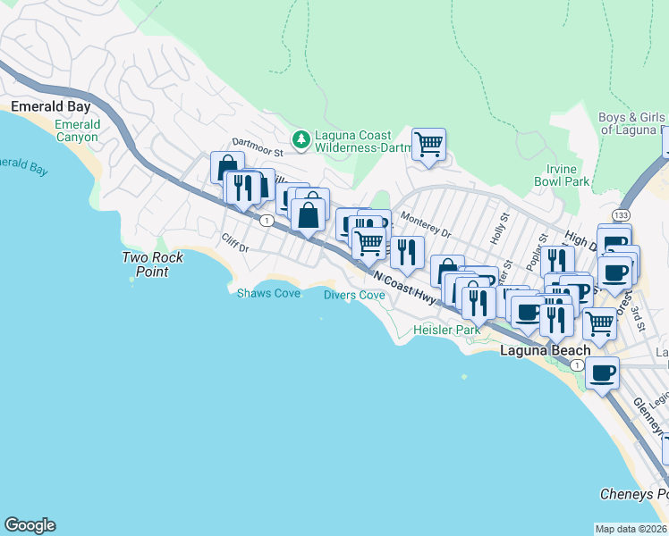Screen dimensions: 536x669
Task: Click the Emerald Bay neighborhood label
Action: [51, 106]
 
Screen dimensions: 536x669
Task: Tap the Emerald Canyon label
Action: [77, 130]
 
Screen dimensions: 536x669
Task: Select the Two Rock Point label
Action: [153, 264]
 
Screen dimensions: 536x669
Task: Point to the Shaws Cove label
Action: [268, 293]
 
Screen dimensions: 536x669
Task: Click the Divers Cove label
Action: [354, 295]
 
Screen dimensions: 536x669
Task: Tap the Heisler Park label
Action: [446, 330]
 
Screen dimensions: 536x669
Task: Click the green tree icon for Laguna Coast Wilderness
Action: [301, 138]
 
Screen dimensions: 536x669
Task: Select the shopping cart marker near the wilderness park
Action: [429, 144]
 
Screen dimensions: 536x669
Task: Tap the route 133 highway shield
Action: [620, 216]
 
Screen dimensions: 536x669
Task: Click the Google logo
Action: [30, 525]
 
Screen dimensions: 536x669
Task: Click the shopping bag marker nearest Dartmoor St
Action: [227, 166]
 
